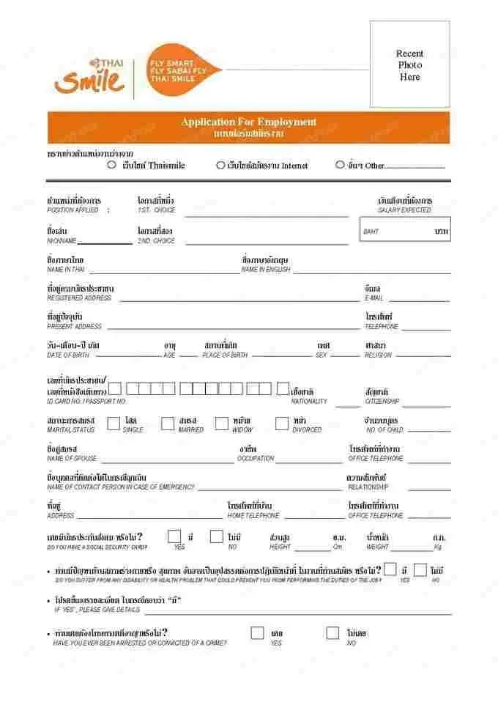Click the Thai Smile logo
(x=89, y=75)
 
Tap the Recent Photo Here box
(x=409, y=64)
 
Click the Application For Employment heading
(x=249, y=122)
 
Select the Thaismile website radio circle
(x=112, y=165)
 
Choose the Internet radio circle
(x=220, y=165)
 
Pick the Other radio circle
(x=340, y=165)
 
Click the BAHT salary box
(x=405, y=230)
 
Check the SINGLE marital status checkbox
(x=114, y=423)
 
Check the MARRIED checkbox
(x=168, y=423)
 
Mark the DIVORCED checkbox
(x=282, y=423)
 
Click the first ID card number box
(x=115, y=388)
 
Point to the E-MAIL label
(x=373, y=298)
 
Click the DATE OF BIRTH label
(x=68, y=355)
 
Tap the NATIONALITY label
(x=309, y=402)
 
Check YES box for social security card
(x=174, y=536)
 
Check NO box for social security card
(x=216, y=536)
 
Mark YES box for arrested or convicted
(x=257, y=632)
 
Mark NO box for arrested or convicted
(x=333, y=632)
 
